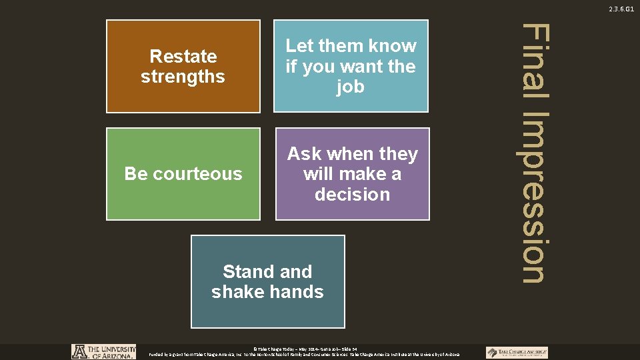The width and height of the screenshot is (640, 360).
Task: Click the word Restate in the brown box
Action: [x=183, y=56]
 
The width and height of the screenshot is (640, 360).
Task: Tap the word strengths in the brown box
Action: [x=183, y=77]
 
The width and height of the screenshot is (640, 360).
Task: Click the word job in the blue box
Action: [x=351, y=87]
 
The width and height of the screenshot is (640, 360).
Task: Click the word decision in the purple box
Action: [x=352, y=195]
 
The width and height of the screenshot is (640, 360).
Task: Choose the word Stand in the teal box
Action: [x=248, y=272]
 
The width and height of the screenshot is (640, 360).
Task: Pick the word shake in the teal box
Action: [x=235, y=292]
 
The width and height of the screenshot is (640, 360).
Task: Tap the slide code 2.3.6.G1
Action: [x=621, y=9]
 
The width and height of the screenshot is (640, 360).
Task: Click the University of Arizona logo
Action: [x=104, y=351]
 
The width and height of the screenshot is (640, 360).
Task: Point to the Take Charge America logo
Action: [x=517, y=352]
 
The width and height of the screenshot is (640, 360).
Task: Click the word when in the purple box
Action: [x=353, y=154]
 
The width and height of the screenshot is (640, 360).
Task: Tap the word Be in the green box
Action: [x=136, y=174]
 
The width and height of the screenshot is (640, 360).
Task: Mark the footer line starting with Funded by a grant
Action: [x=304, y=355]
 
